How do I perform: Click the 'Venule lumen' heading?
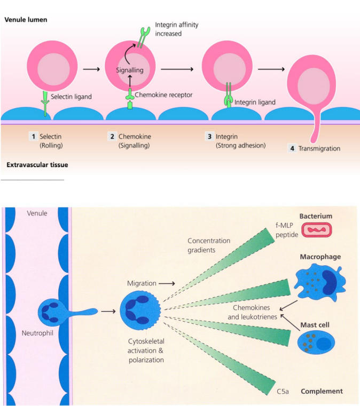coord(26,20)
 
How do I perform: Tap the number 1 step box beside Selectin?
coord(33,137)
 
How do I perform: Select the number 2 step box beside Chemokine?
coord(112,137)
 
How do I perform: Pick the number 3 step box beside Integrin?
coord(209,137)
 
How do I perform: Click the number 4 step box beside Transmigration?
coord(292,148)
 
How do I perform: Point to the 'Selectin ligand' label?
coord(72,97)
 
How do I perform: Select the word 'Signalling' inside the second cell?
coord(130,70)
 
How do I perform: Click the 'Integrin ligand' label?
coord(255,102)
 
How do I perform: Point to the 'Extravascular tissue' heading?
coord(37,165)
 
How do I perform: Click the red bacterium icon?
coord(317,230)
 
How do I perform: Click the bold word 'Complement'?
coord(322,391)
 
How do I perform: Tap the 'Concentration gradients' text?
coord(209,245)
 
